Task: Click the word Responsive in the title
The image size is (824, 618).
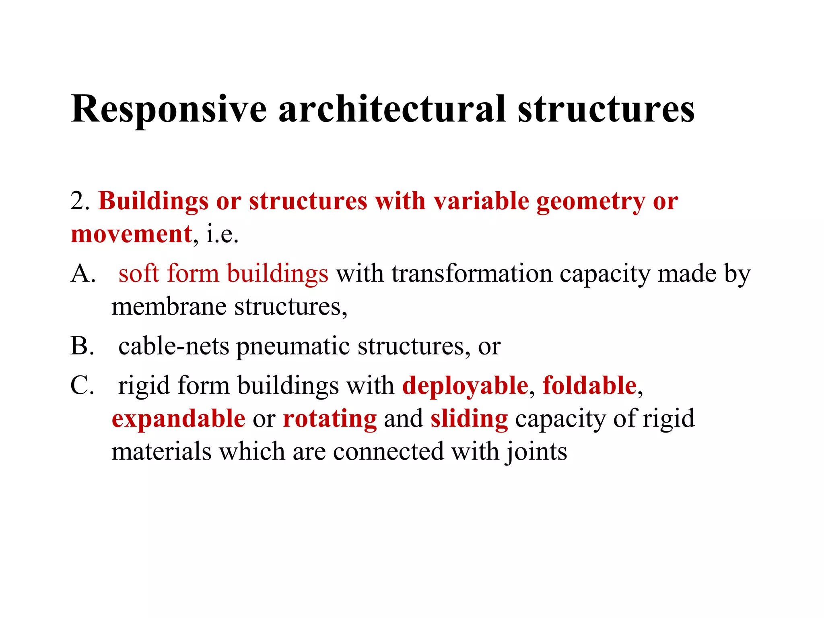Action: click(x=169, y=109)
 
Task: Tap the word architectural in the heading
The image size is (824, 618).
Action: click(x=392, y=109)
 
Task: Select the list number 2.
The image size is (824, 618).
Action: click(x=79, y=201)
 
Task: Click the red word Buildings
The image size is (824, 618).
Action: click(x=153, y=201)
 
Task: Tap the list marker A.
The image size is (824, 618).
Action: click(x=83, y=274)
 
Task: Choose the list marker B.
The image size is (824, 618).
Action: click(x=82, y=346)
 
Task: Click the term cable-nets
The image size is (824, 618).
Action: click(x=173, y=346)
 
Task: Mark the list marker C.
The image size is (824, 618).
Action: click(x=82, y=385)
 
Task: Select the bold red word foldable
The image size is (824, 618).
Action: click(x=589, y=385)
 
